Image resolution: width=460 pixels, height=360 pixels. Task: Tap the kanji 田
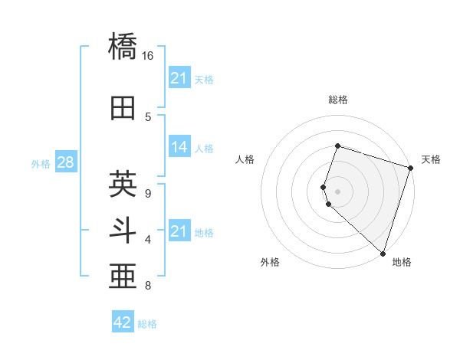[x=123, y=108]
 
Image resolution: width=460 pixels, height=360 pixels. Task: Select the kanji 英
[x=123, y=184]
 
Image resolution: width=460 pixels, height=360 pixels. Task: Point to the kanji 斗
[x=123, y=231]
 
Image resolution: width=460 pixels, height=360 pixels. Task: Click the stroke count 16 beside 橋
[x=148, y=56]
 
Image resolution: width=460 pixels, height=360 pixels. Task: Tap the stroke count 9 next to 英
[x=148, y=192]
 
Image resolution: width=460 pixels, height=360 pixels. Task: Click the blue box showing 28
[x=65, y=162]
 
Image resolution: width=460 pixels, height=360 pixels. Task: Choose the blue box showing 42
[x=123, y=322]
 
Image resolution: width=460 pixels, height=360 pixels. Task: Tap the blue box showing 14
[x=179, y=147]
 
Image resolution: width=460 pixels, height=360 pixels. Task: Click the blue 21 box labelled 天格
[x=179, y=78]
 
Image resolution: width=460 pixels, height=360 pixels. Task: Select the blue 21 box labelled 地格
[x=179, y=231]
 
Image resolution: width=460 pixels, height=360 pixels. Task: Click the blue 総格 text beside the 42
[x=147, y=324]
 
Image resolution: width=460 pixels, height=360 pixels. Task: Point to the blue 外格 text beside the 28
[x=40, y=163]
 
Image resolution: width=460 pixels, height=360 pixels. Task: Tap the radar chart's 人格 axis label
[x=245, y=159]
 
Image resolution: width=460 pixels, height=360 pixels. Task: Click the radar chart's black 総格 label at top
[x=337, y=100]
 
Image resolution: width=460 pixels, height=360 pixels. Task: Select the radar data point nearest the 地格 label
[x=383, y=253]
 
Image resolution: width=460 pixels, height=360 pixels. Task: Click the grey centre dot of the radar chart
[x=337, y=190]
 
